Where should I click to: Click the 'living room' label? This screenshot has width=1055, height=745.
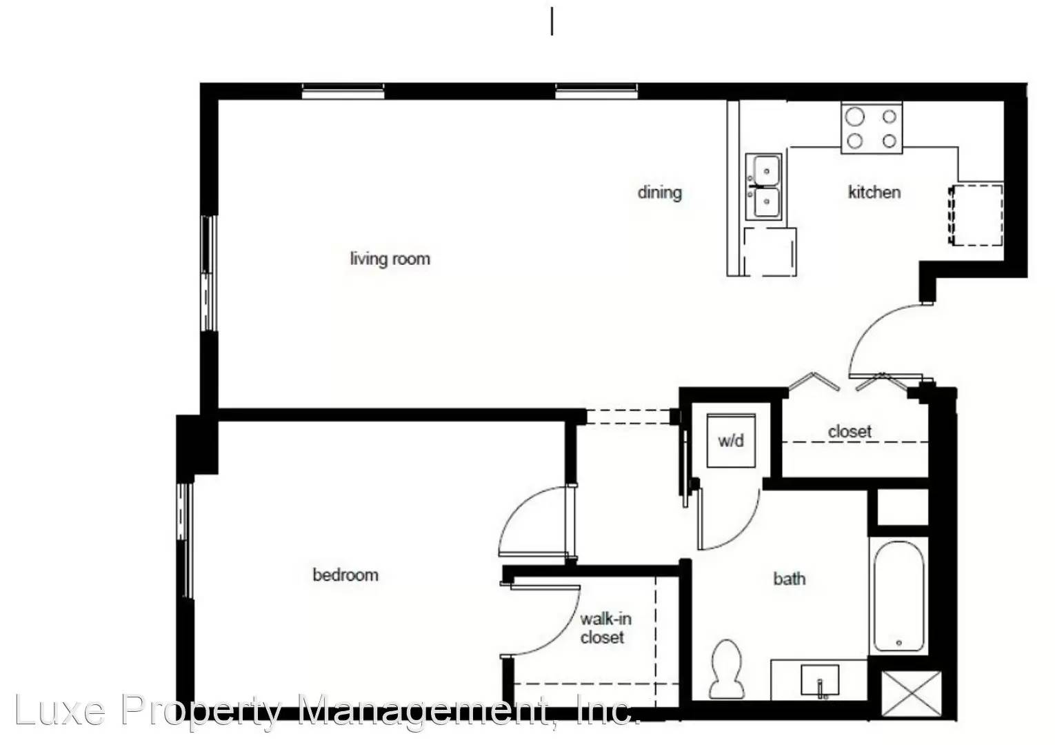coord(390,259)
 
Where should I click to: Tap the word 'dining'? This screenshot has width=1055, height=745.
coord(659,192)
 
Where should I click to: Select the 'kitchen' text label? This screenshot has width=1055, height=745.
coord(874,192)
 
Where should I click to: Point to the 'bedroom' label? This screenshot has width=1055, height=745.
coord(345,575)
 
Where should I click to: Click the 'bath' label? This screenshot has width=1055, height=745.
coord(789,578)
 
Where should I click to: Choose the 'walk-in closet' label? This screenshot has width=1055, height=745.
coord(604,628)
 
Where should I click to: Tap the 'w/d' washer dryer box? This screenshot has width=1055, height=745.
coord(731,440)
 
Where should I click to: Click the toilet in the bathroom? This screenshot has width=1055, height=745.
coord(727,669)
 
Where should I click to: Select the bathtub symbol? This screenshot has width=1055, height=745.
coord(898,597)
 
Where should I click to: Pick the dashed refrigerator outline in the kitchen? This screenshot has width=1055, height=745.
coord(976,215)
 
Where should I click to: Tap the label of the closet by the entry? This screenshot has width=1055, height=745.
coord(850,432)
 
